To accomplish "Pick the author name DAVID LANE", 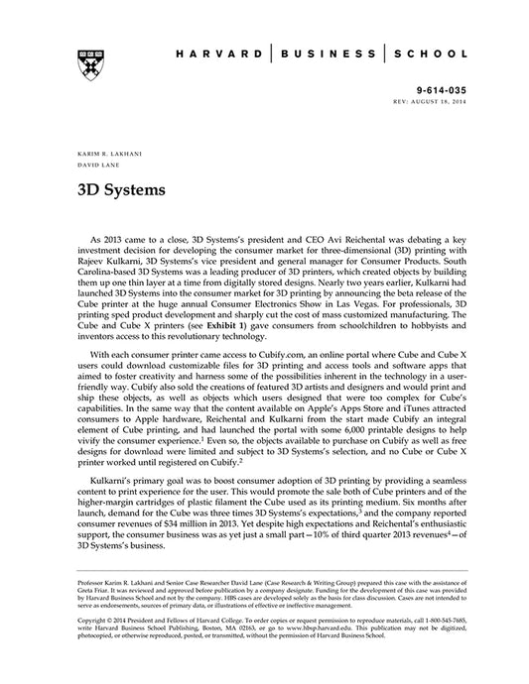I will click(x=96, y=168).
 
